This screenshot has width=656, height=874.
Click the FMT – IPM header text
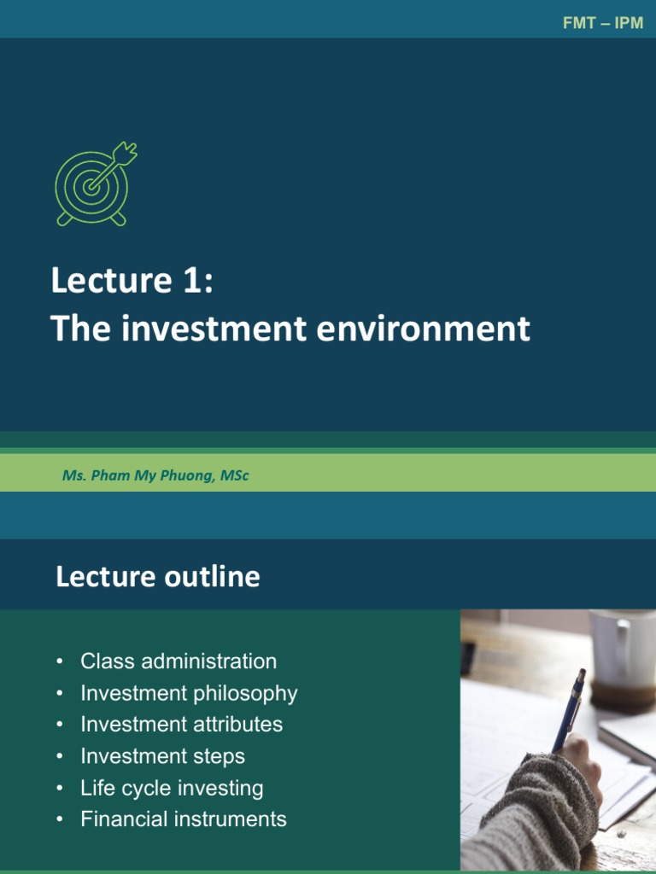point(602,23)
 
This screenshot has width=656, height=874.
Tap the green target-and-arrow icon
point(94,184)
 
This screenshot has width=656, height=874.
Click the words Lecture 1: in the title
point(132,281)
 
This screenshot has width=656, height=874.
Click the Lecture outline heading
point(158,577)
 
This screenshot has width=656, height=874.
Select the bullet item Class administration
point(179,661)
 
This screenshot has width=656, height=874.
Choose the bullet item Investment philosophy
point(189,693)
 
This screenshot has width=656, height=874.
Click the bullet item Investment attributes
point(181,725)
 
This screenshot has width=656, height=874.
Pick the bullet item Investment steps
point(162,756)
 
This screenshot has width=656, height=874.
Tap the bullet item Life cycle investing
point(172,788)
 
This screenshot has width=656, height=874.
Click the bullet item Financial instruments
point(184,819)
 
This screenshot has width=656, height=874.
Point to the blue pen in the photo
point(568,708)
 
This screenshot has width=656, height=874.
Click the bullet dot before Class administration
point(59,661)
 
